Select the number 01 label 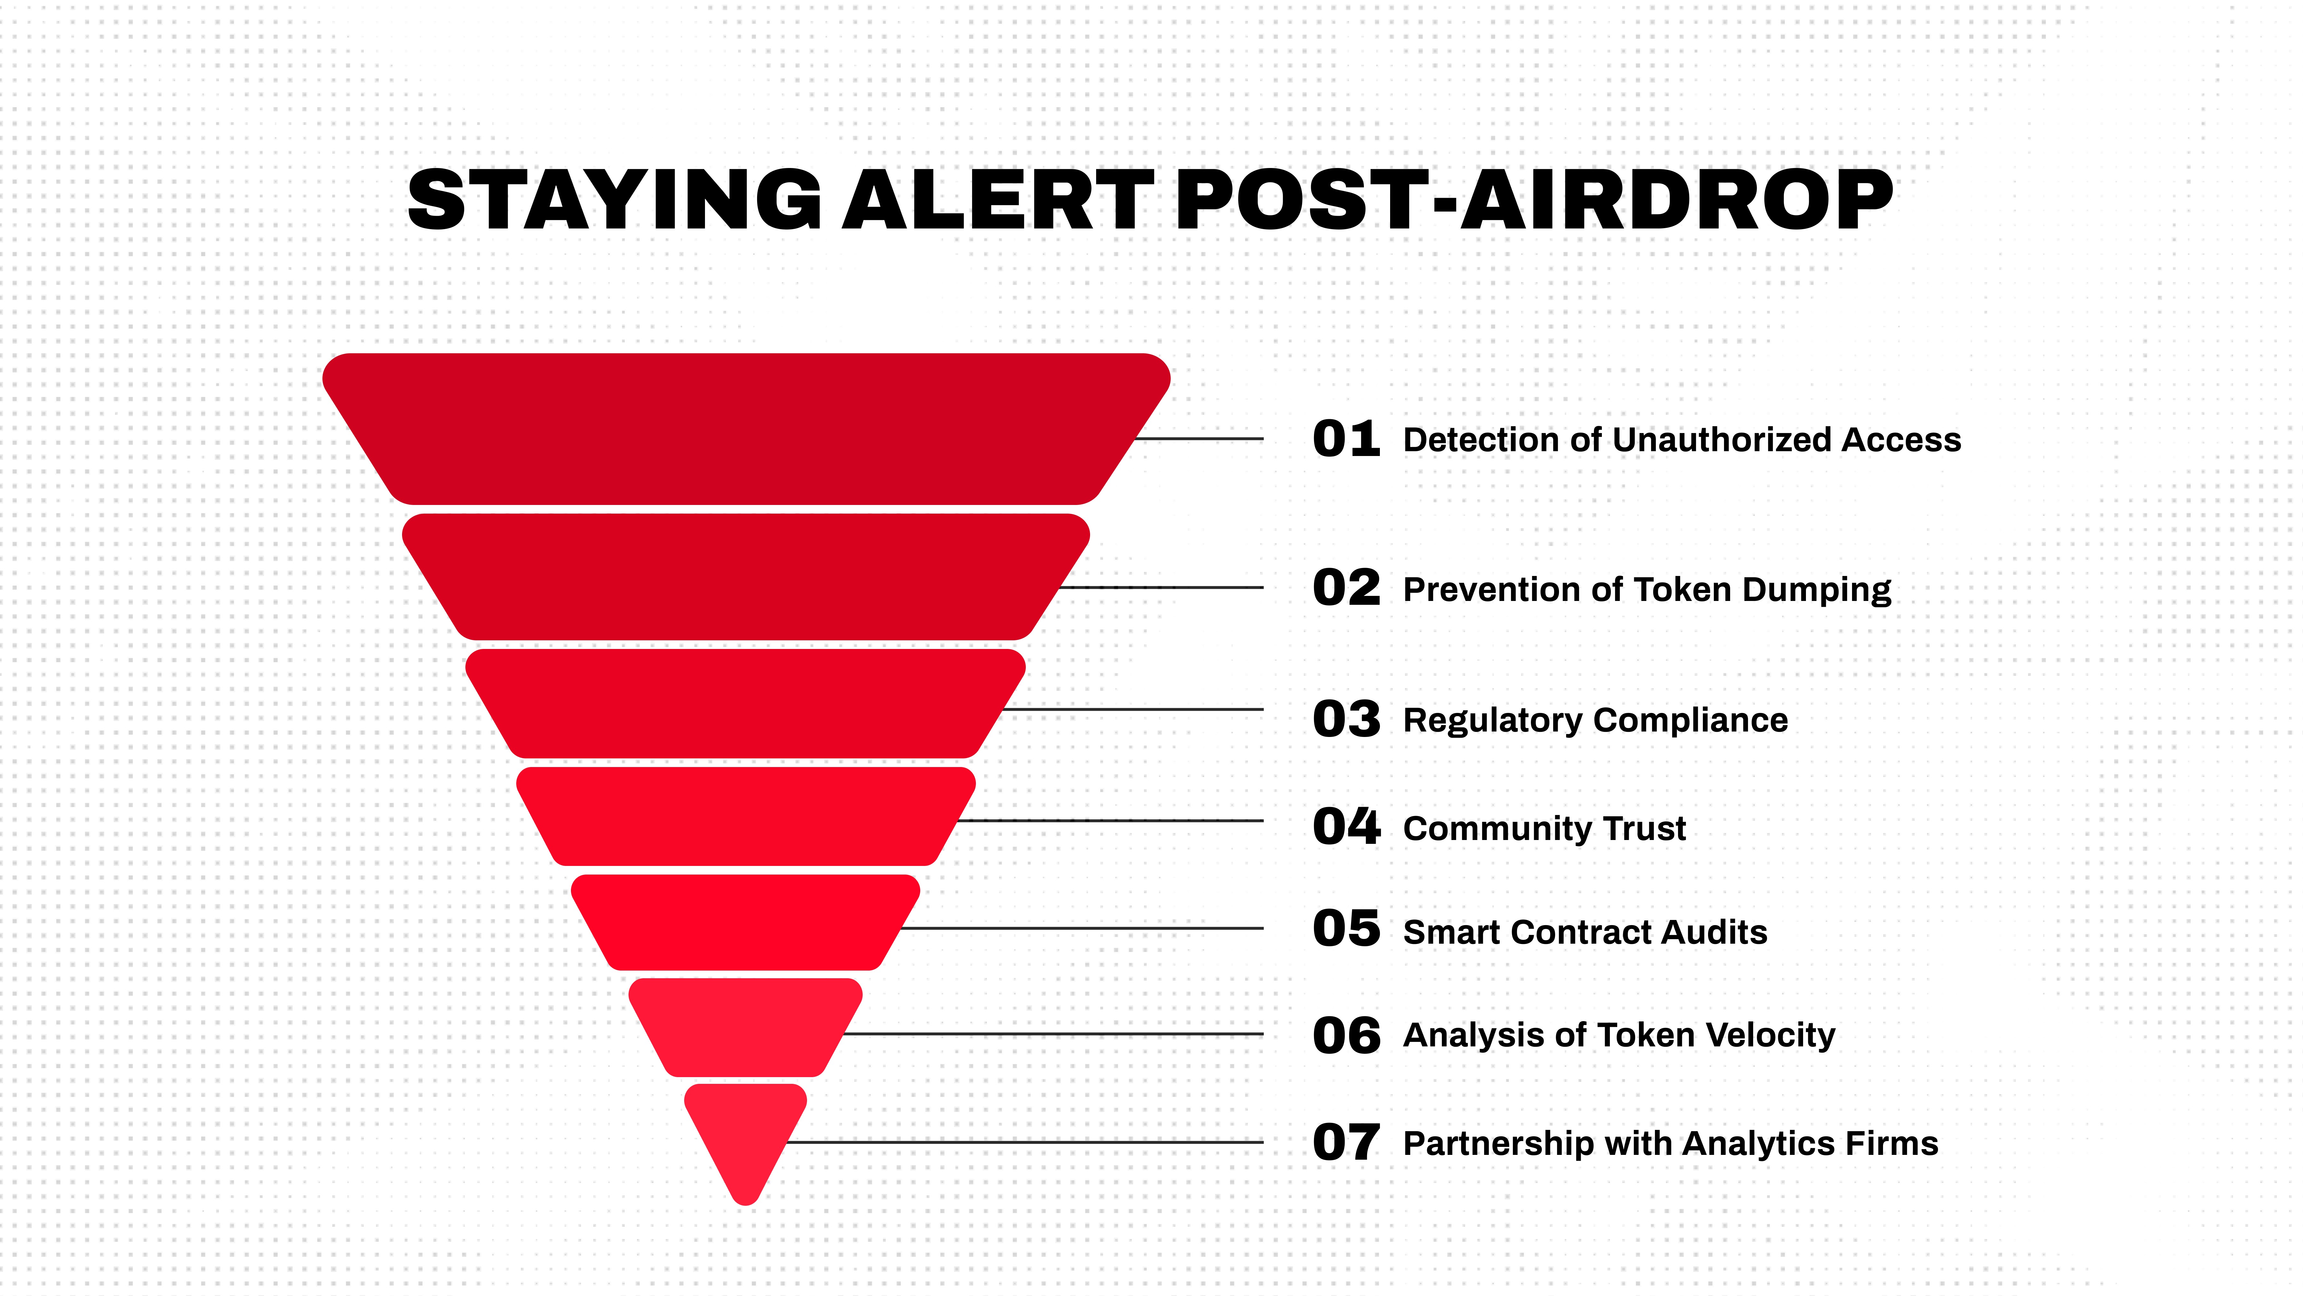click(1346, 439)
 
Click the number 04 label click(1346, 827)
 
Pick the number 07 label click(1346, 1142)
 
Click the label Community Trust click(1544, 828)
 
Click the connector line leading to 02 click(1162, 588)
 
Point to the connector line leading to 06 click(1055, 1034)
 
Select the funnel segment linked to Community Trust click(746, 816)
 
